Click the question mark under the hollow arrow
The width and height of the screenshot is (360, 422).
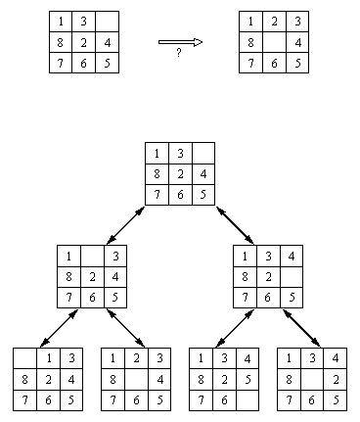pyautogui.click(x=179, y=53)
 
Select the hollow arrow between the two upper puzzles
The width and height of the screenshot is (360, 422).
pyautogui.click(x=180, y=42)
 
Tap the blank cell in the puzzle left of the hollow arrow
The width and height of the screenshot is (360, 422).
pyautogui.click(x=107, y=21)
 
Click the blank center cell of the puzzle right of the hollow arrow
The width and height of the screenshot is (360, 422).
pyautogui.click(x=271, y=42)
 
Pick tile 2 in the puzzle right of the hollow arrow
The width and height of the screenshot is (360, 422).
pyautogui.click(x=271, y=21)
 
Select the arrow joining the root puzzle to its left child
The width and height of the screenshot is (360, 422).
pyautogui.click(x=124, y=222)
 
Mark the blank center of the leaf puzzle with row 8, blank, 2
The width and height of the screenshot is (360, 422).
pyautogui.click(x=311, y=378)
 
